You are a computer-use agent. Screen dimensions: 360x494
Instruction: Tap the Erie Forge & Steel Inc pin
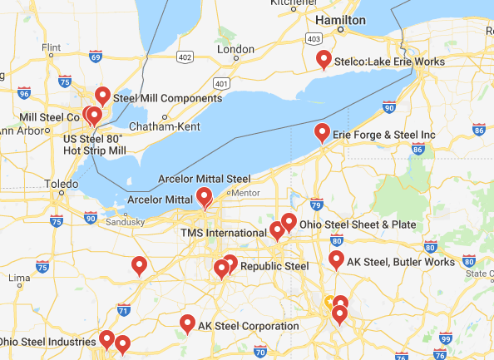(x=322, y=131)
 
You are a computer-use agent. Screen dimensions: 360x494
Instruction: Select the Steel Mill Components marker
(x=103, y=96)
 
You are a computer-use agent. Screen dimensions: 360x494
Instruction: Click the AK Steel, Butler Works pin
(x=337, y=259)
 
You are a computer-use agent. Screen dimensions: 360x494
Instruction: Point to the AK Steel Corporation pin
(x=188, y=323)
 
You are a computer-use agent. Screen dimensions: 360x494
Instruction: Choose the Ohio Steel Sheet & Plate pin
(x=289, y=221)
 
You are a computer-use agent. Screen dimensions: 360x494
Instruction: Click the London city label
(x=235, y=49)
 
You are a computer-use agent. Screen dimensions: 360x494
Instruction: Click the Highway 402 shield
(x=184, y=57)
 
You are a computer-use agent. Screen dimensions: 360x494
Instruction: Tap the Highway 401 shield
(x=220, y=83)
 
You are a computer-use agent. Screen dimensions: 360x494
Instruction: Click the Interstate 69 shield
(x=96, y=57)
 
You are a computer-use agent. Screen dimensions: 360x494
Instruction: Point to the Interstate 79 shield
(x=315, y=204)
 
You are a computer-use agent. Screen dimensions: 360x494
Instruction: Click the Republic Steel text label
(x=274, y=266)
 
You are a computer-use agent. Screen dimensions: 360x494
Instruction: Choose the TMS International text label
(x=223, y=233)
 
